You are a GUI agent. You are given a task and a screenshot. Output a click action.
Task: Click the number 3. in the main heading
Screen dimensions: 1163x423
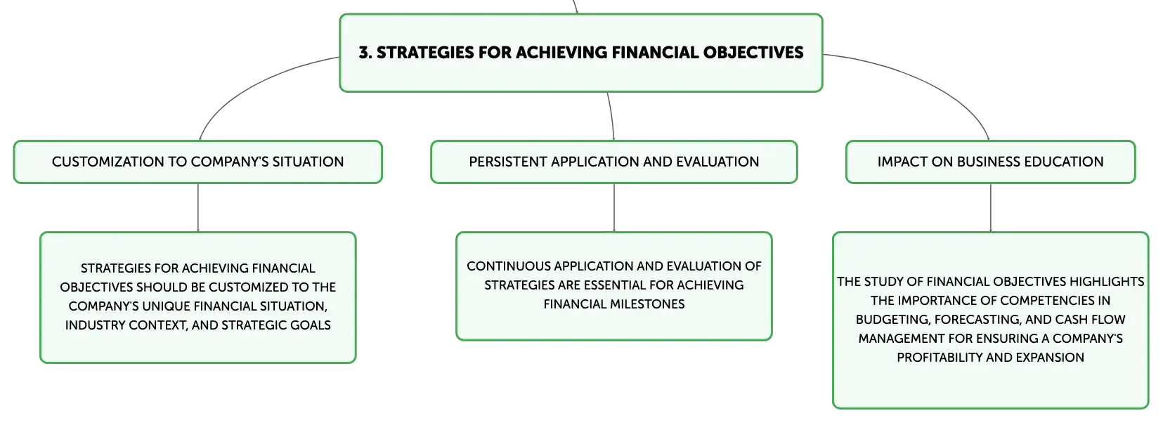(x=365, y=53)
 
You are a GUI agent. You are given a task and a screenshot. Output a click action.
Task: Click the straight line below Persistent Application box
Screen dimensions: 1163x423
(x=614, y=207)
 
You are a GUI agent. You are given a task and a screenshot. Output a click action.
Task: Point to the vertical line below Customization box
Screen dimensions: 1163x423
(x=197, y=207)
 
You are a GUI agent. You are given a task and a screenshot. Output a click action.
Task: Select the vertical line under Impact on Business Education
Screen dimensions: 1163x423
(x=991, y=207)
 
